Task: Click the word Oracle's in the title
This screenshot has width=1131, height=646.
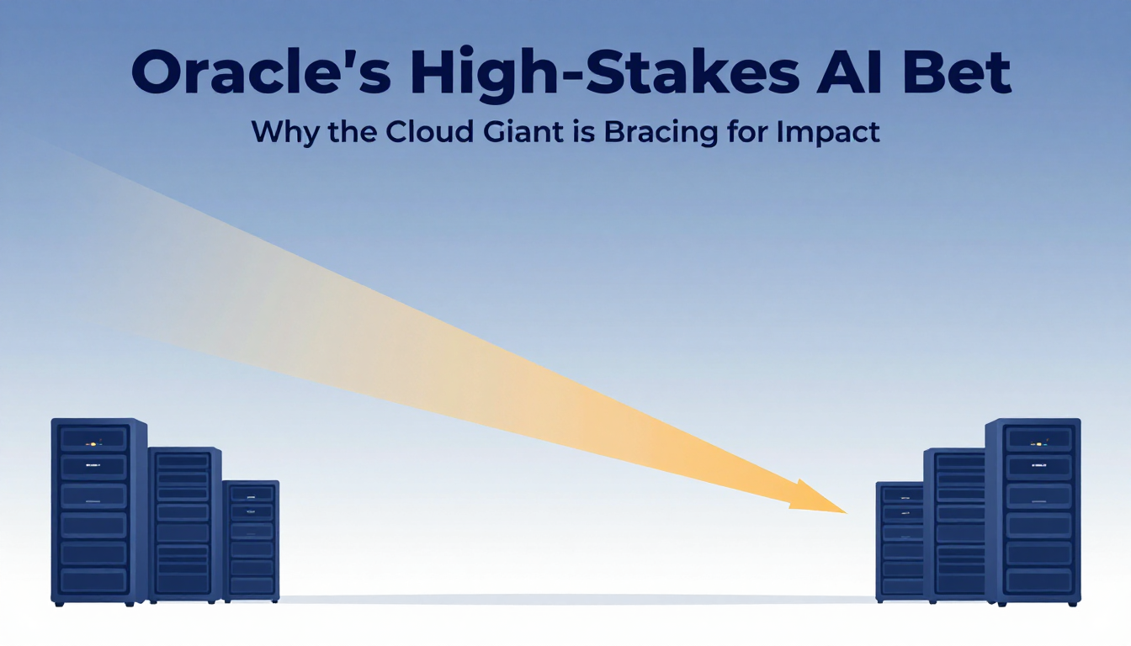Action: click(261, 72)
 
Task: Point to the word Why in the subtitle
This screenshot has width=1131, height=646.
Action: click(285, 133)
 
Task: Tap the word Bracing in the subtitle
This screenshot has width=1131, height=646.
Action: click(661, 133)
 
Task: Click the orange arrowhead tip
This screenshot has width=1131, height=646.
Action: click(847, 513)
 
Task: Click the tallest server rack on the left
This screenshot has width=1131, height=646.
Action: click(99, 511)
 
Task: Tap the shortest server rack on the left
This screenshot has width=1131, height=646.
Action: click(251, 542)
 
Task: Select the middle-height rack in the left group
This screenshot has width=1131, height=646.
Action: click(185, 525)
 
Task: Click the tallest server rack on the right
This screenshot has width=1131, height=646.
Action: click(1033, 512)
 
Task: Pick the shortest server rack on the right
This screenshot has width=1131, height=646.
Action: click(900, 542)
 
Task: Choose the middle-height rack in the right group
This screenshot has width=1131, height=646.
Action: click(954, 526)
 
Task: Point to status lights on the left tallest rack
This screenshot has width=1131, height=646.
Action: click(93, 444)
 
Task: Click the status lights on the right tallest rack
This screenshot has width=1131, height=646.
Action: click(1039, 444)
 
